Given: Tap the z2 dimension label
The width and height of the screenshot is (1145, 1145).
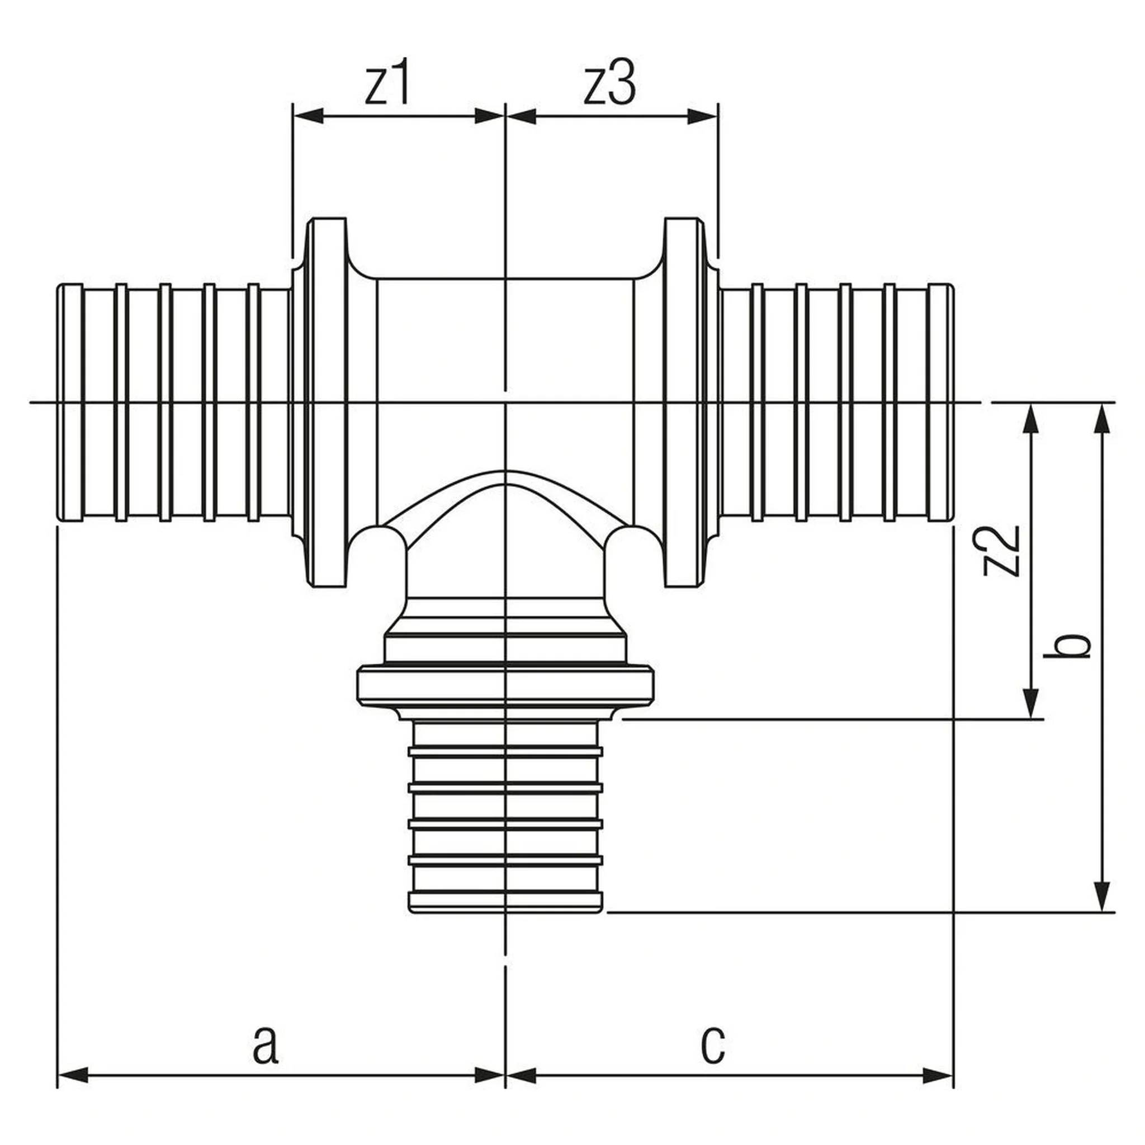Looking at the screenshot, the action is point(1001,551).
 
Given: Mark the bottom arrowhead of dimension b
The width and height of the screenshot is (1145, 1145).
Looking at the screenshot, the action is point(1102,897).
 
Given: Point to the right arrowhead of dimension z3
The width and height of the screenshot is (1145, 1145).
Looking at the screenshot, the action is point(702,116).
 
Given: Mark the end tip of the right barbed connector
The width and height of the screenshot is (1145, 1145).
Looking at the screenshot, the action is point(953,404).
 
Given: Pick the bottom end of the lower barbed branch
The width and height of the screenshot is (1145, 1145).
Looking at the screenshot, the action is point(505,911).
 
